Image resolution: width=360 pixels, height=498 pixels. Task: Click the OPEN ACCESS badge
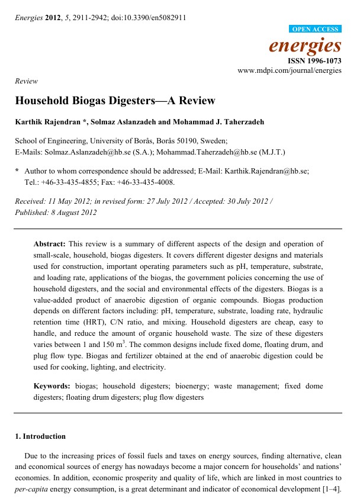(316, 29)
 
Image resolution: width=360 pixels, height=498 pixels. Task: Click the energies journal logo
(305, 45)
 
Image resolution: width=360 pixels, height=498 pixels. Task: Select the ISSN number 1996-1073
(323, 61)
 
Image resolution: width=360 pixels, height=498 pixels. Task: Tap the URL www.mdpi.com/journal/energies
(290, 70)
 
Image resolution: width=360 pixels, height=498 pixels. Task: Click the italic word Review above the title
(27, 81)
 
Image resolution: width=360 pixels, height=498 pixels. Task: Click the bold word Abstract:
(50, 244)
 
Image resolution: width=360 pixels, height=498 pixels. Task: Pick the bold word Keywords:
(52, 386)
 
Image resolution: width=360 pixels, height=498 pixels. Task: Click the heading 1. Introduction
(40, 436)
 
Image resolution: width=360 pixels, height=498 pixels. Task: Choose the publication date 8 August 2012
(72, 213)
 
